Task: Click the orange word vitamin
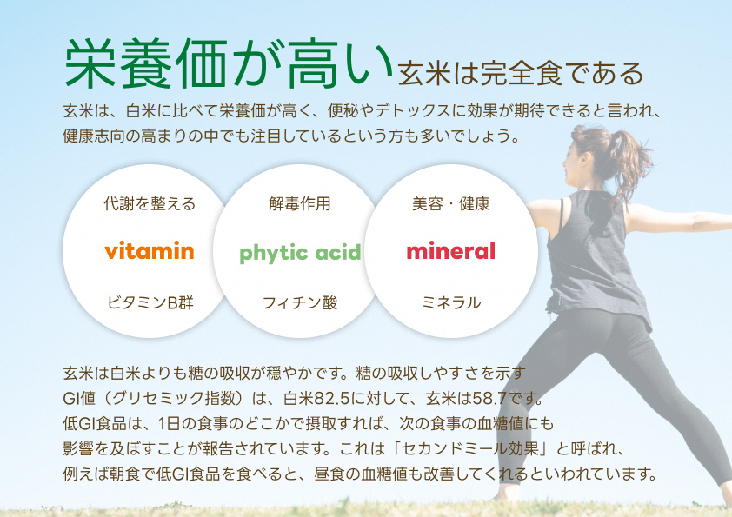click(149, 252)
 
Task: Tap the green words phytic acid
click(300, 253)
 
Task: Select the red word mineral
click(450, 252)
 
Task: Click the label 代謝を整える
click(150, 204)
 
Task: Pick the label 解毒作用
click(300, 204)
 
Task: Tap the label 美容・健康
click(450, 204)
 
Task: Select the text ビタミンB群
click(150, 302)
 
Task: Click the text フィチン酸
click(300, 302)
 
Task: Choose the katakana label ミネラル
click(450, 302)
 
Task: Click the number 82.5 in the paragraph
click(342, 400)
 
